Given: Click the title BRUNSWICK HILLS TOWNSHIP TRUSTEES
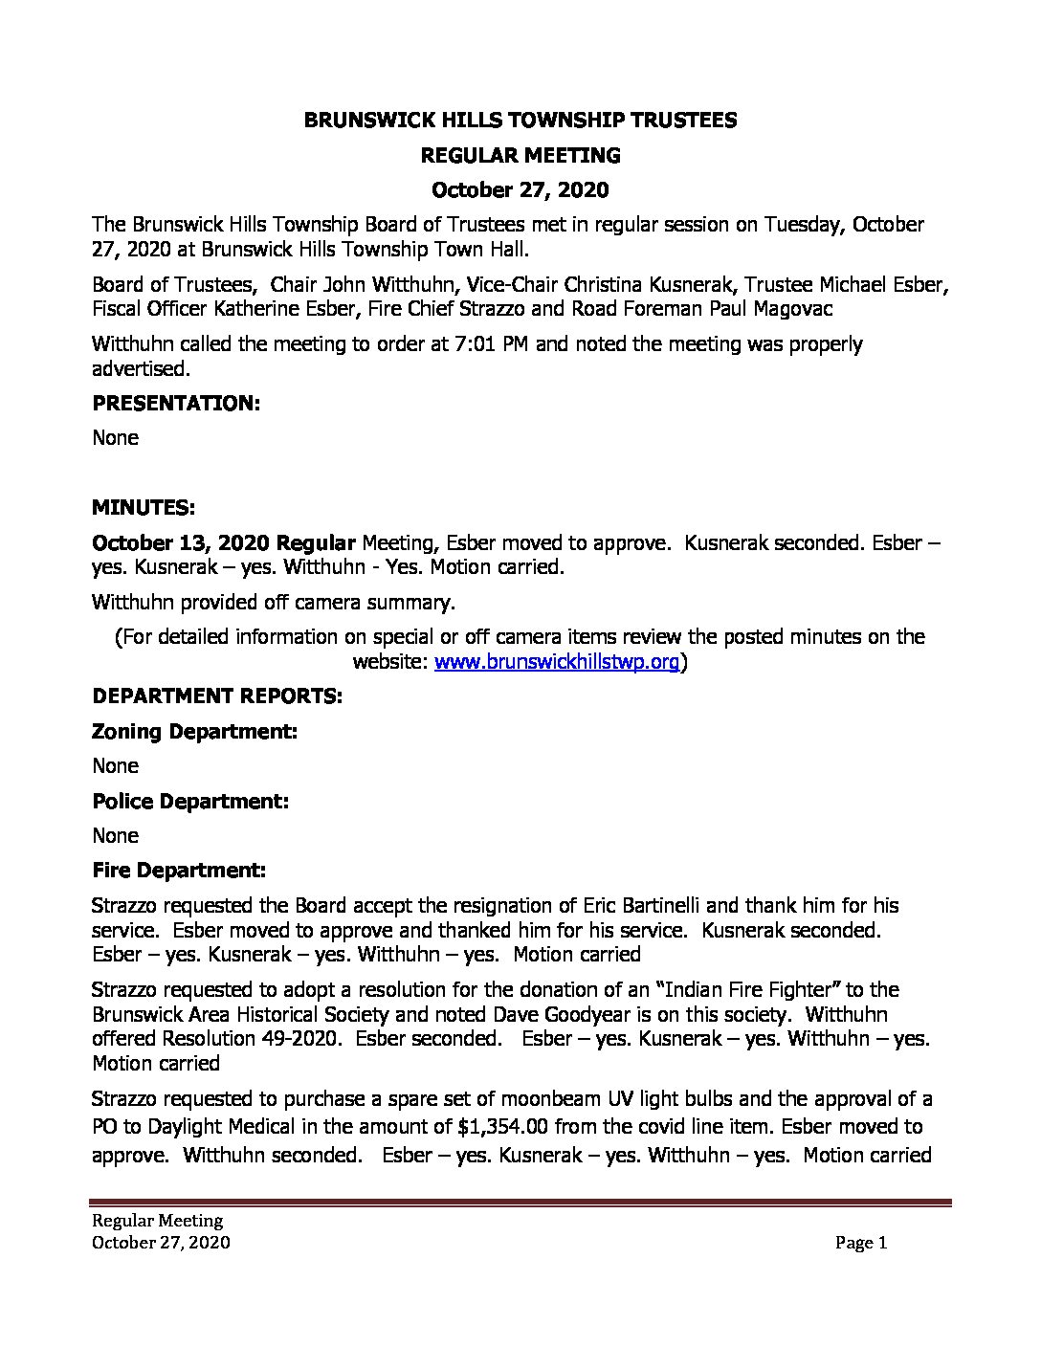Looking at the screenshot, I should click(x=520, y=120).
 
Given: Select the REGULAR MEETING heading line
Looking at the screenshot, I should click(x=520, y=155).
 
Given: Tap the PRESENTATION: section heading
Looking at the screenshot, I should click(x=176, y=403).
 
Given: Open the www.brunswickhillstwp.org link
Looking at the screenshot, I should click(x=557, y=662).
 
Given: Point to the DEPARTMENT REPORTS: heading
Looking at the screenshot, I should click(x=216, y=696).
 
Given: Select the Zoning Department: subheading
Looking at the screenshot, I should click(x=194, y=731).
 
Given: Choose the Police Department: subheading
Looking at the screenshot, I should click(x=190, y=801).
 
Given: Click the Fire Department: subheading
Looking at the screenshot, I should click(x=179, y=870).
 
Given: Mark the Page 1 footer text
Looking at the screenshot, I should click(x=861, y=1243).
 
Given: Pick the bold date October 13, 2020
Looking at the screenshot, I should click(x=181, y=542).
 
